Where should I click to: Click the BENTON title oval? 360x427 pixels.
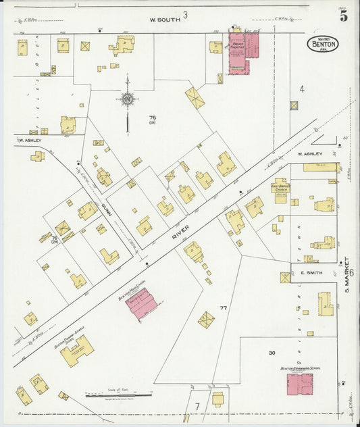click(x=322, y=44)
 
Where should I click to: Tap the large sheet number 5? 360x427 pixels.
click(x=344, y=17)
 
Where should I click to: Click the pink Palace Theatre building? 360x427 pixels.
click(x=243, y=53)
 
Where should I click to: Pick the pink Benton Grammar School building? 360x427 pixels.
click(x=300, y=384)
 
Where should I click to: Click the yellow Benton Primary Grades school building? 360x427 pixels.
click(x=77, y=351)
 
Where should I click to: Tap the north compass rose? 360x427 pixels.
click(x=127, y=101)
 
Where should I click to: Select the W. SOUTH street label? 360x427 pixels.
click(x=165, y=20)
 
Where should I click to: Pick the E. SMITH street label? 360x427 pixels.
click(x=309, y=273)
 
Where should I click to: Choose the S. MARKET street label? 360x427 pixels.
click(x=346, y=274)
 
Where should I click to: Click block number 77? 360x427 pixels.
click(x=223, y=309)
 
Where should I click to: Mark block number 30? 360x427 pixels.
click(x=272, y=353)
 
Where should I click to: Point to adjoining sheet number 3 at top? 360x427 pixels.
click(x=185, y=14)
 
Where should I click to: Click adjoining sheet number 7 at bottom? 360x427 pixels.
click(x=197, y=406)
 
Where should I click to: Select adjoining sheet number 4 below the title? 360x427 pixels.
click(x=302, y=89)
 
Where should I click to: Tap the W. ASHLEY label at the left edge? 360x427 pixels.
click(x=29, y=141)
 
